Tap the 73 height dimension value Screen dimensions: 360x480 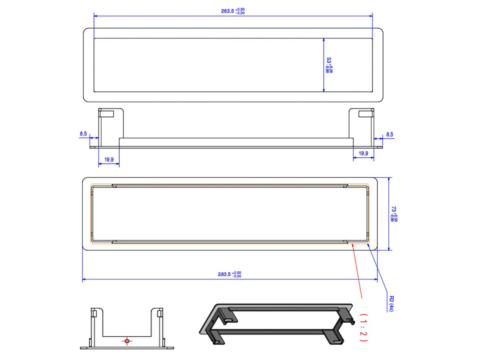click(x=394, y=214)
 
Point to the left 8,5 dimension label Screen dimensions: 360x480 click(x=83, y=134)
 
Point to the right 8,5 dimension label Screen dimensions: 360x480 click(x=389, y=134)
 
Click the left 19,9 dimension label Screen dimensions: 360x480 click(x=109, y=160)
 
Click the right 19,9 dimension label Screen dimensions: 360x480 click(x=364, y=153)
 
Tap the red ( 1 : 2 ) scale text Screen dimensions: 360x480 click(x=363, y=327)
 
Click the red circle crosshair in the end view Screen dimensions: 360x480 click(x=127, y=341)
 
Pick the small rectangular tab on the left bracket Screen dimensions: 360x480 click(x=107, y=114)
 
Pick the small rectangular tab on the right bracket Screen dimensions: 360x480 click(x=366, y=114)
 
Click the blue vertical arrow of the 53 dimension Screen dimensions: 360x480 click(x=323, y=65)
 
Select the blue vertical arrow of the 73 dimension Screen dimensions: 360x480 click(x=390, y=214)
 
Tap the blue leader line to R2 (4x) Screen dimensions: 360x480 click(x=380, y=272)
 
